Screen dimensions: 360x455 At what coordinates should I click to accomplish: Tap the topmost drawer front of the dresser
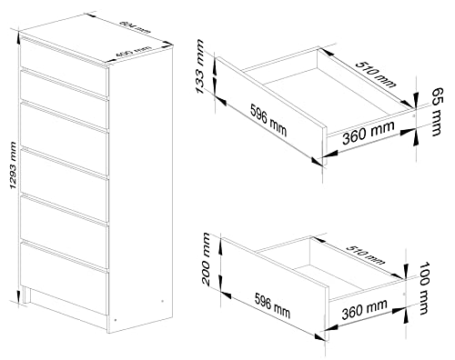point(65,55)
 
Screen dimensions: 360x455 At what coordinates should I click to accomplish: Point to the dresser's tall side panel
point(140,182)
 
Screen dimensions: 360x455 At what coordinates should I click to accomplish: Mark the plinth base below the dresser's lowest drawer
point(73,307)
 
